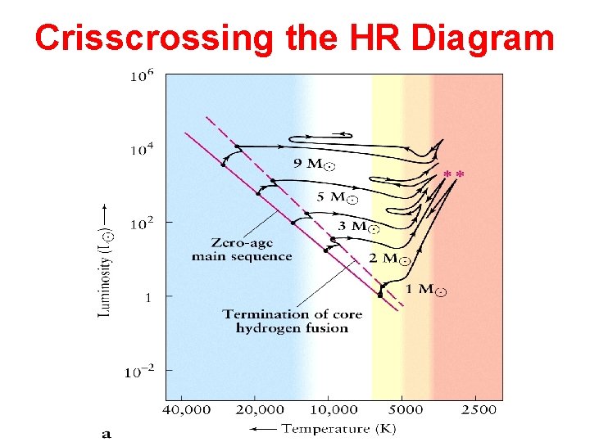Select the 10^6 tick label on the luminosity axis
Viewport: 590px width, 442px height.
[x=142, y=77]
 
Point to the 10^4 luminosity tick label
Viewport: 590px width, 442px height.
[x=142, y=150]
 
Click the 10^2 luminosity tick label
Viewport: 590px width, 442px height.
[x=142, y=223]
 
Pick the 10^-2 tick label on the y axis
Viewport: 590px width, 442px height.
[x=139, y=371]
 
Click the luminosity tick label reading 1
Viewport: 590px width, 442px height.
[x=148, y=298]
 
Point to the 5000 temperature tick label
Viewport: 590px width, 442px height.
[x=406, y=409]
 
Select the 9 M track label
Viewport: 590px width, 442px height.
[x=314, y=164]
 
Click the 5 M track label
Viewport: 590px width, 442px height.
[x=337, y=196]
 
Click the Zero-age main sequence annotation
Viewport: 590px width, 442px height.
[x=241, y=250]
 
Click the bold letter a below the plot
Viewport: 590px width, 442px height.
[x=107, y=433]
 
